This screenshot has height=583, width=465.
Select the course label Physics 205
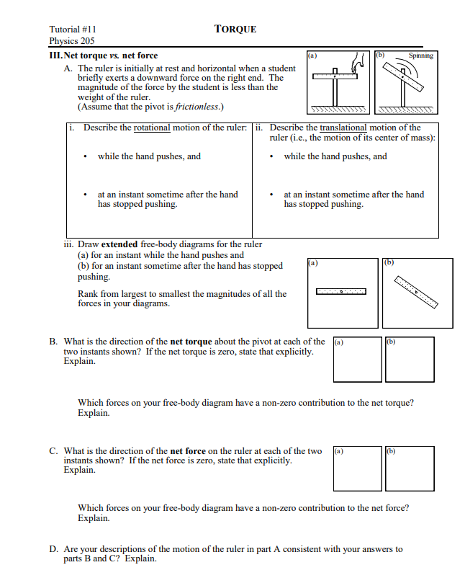pyautogui.click(x=71, y=42)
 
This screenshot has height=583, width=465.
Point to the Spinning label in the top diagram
pyautogui.click(x=420, y=55)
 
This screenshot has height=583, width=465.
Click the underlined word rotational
pyautogui.click(x=152, y=128)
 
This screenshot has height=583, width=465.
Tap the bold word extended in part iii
pyautogui.click(x=119, y=244)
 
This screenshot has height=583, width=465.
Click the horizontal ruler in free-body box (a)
pyautogui.click(x=341, y=291)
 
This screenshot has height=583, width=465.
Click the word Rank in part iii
pyautogui.click(x=88, y=293)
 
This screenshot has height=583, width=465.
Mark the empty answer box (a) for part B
pyautogui.click(x=358, y=360)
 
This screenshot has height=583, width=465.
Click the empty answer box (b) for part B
pyautogui.click(x=409, y=360)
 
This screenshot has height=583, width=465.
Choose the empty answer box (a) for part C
pyautogui.click(x=358, y=468)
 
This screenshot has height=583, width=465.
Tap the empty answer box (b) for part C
pyautogui.click(x=409, y=468)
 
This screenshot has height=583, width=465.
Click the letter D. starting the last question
pyautogui.click(x=54, y=549)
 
